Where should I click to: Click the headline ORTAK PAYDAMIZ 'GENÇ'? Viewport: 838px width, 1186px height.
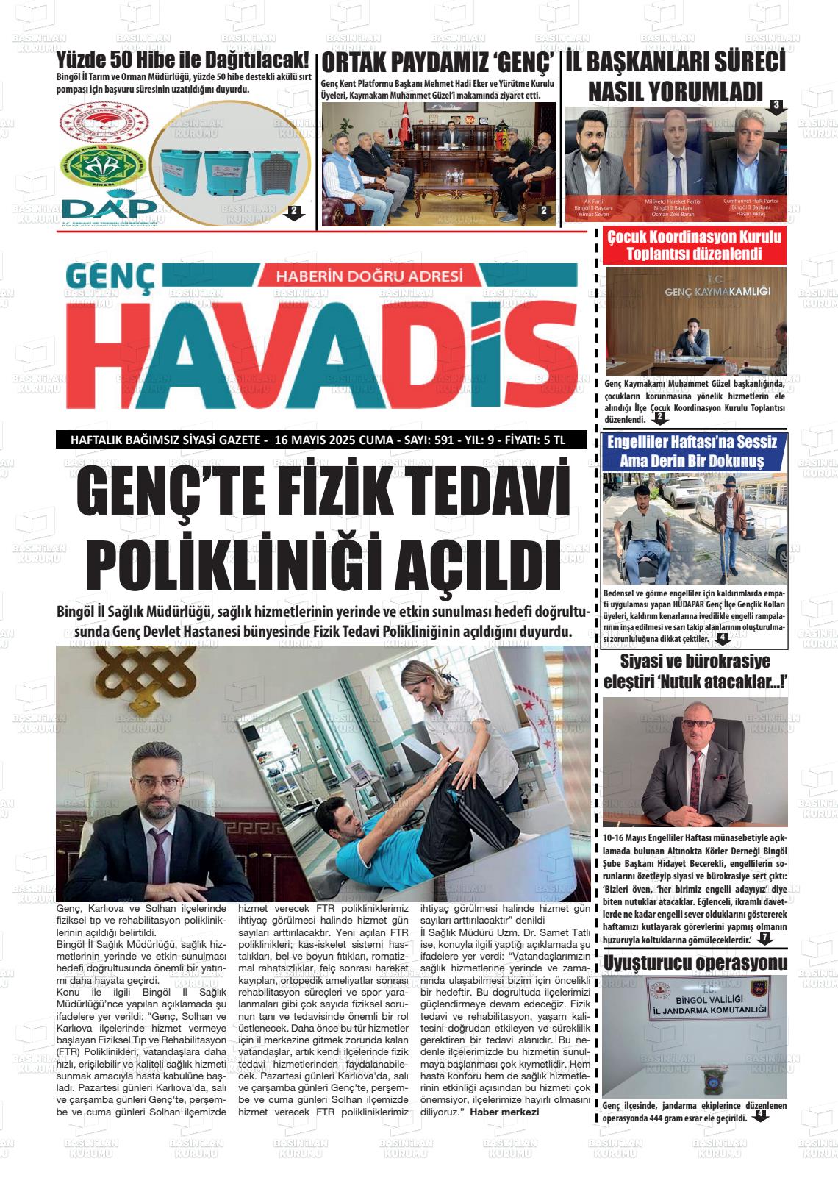tap(437, 61)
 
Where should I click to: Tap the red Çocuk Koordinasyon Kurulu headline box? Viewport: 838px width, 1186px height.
tap(694, 246)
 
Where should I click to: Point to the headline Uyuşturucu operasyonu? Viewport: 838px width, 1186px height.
tap(695, 962)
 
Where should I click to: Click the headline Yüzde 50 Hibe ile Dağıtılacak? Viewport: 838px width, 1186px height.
tap(183, 60)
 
